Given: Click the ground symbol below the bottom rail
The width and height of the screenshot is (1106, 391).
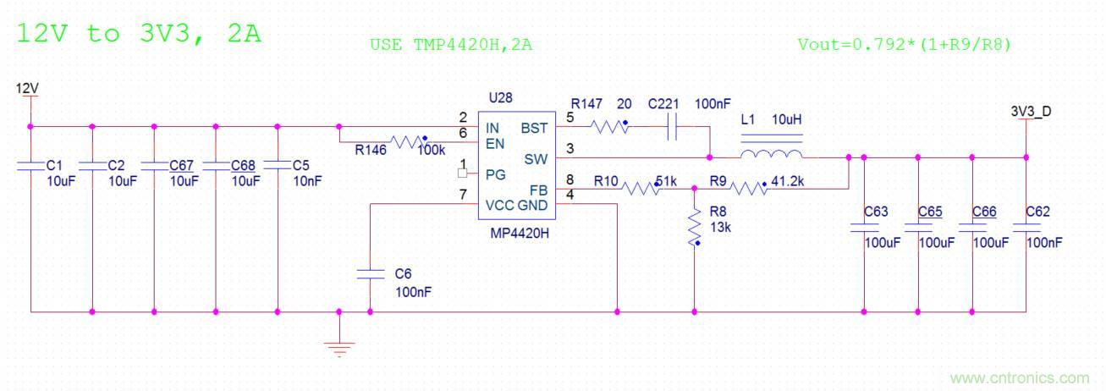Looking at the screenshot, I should click(x=339, y=345).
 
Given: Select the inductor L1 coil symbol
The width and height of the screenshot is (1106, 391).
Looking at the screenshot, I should click(x=771, y=154).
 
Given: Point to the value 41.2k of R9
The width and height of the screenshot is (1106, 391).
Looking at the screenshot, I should click(x=789, y=180).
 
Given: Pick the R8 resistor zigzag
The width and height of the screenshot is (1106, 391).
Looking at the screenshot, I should click(x=695, y=227).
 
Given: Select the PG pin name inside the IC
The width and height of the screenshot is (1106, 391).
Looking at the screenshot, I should click(x=496, y=174).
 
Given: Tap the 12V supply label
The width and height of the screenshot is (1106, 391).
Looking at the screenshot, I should click(x=28, y=88).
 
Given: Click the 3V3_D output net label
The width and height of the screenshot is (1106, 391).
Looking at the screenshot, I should click(x=1031, y=111).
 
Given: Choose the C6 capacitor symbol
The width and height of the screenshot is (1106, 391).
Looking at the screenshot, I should click(x=370, y=273).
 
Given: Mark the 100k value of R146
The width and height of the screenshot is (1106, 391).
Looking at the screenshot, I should click(x=432, y=150).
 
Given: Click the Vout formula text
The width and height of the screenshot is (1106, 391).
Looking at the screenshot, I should click(x=904, y=44).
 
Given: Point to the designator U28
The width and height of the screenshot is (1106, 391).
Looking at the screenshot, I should click(x=500, y=97).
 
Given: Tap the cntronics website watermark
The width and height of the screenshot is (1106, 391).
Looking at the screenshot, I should click(x=1020, y=377).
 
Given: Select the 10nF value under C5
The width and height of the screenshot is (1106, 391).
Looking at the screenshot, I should click(x=307, y=180).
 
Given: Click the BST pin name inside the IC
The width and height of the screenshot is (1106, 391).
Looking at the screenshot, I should click(x=534, y=129).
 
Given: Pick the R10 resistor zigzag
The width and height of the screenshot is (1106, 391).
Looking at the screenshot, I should click(x=641, y=189).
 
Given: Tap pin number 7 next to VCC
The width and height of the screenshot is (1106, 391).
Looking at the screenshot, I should click(x=463, y=195).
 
